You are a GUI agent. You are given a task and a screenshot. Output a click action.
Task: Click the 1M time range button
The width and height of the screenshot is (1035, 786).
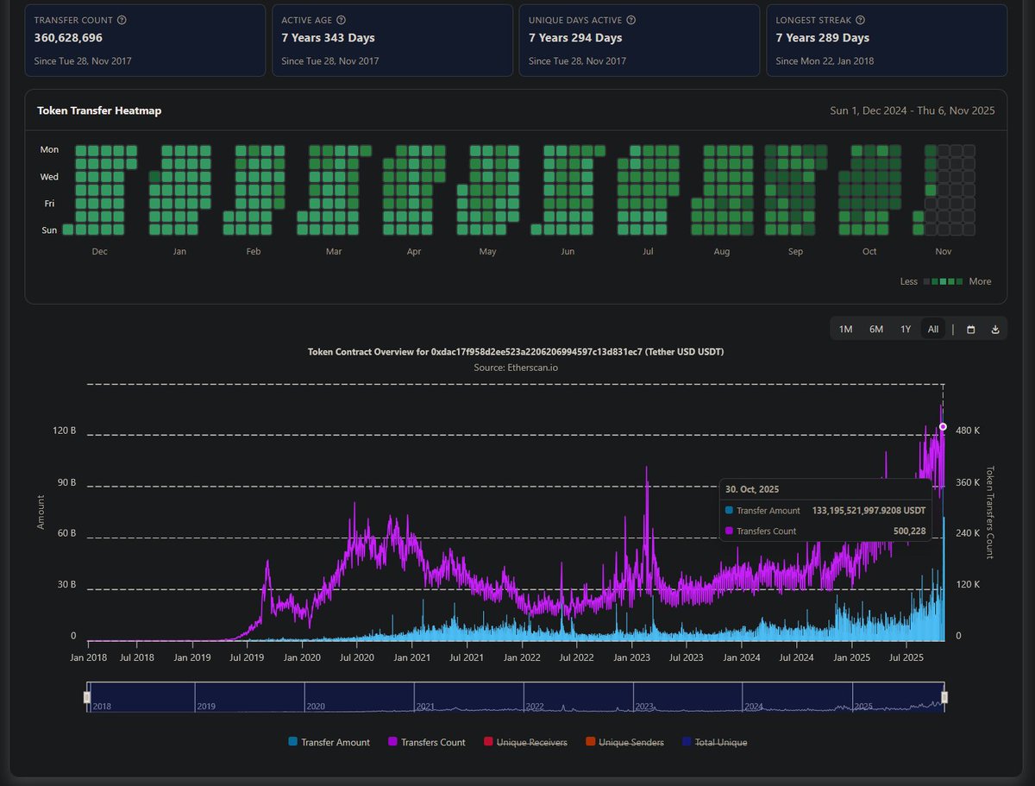pyautogui.click(x=845, y=329)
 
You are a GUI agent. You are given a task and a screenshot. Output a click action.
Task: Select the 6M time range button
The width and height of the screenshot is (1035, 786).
pyautogui.click(x=875, y=329)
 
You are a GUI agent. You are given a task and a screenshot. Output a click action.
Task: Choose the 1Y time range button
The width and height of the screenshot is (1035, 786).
pyautogui.click(x=905, y=329)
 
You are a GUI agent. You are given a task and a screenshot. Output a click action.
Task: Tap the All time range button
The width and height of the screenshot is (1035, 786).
pyautogui.click(x=933, y=329)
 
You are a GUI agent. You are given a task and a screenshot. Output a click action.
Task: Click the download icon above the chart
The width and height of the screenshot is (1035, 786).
pyautogui.click(x=994, y=330)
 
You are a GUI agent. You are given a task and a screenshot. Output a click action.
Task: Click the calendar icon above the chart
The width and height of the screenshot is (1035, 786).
pyautogui.click(x=970, y=330)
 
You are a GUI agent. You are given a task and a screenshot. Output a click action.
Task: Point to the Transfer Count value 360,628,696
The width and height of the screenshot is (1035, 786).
pyautogui.click(x=80, y=38)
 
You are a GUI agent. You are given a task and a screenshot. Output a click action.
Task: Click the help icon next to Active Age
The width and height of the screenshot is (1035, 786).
pyautogui.click(x=342, y=20)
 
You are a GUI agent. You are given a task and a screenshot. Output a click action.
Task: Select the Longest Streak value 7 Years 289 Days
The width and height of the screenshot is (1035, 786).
pyautogui.click(x=822, y=38)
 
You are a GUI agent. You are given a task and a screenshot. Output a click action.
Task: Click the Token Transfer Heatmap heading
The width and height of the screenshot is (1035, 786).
pyautogui.click(x=99, y=110)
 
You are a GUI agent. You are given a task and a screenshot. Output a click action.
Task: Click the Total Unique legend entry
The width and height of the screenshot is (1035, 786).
pyautogui.click(x=714, y=742)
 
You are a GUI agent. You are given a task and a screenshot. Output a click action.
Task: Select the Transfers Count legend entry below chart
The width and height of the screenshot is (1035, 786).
pyautogui.click(x=427, y=742)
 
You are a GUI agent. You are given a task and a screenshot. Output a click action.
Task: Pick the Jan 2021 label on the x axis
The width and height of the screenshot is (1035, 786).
pyautogui.click(x=412, y=657)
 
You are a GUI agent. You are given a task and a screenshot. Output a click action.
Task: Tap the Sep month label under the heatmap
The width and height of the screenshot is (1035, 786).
pyautogui.click(x=795, y=252)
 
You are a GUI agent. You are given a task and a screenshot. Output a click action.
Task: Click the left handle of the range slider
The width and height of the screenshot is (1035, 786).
pyautogui.click(x=87, y=696)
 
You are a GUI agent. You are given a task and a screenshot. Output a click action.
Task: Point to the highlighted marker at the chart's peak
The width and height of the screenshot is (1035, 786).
pyautogui.click(x=943, y=426)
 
